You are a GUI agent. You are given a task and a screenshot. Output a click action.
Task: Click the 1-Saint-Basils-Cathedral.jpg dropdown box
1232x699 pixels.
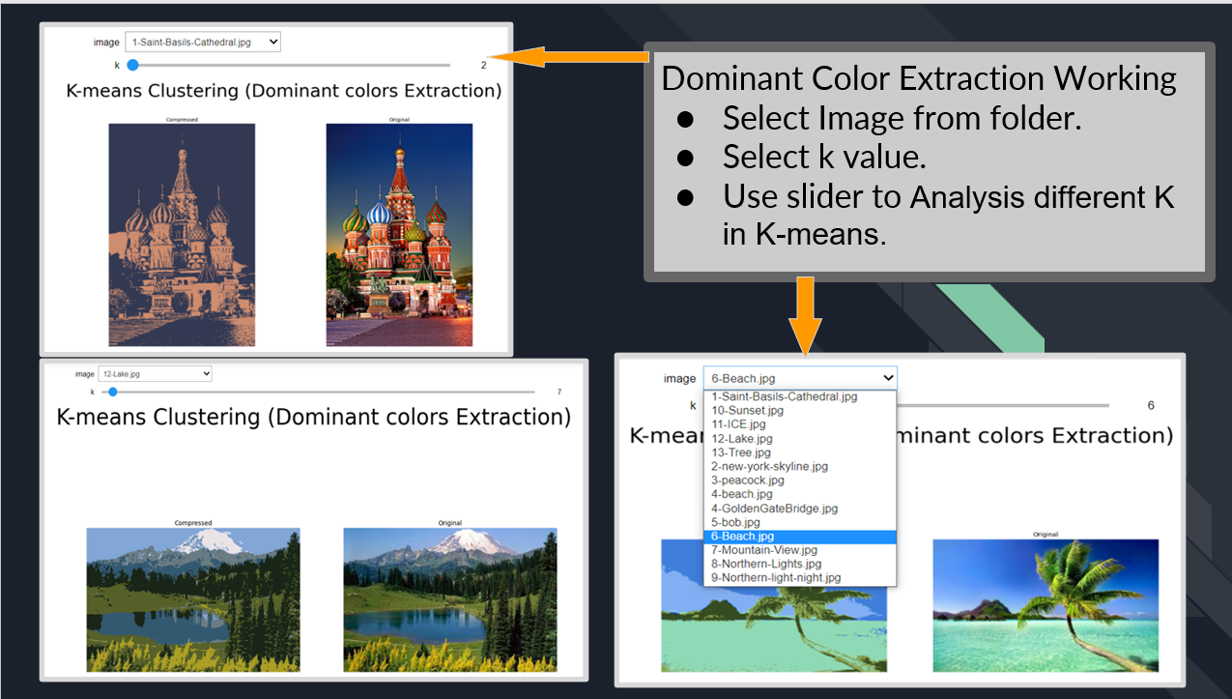pos(202,42)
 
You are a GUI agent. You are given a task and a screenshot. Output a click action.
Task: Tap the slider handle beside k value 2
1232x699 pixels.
pos(132,65)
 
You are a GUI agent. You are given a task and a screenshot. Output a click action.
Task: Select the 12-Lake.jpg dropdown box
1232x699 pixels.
pos(154,374)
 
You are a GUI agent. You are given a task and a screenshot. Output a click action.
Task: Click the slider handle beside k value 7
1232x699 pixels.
pos(113,392)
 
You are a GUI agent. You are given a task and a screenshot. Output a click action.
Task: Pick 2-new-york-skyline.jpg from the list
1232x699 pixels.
pos(769,466)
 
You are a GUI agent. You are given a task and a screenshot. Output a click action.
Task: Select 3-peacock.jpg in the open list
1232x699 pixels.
pos(747,480)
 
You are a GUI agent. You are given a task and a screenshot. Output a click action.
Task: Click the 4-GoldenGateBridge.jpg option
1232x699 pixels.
pos(774,508)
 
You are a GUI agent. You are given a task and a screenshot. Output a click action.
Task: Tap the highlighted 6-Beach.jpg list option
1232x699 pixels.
pos(742,536)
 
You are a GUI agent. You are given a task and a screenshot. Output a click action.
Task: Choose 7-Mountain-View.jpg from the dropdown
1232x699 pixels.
pos(763,550)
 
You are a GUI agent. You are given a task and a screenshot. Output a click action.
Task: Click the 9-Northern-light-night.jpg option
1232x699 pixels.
pos(776,577)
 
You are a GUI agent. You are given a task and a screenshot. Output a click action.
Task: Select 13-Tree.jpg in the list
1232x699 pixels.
pos(740,452)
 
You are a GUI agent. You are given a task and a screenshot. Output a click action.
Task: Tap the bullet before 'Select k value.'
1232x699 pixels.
pos(685,157)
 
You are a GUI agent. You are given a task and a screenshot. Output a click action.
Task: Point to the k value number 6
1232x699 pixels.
pos(1151,405)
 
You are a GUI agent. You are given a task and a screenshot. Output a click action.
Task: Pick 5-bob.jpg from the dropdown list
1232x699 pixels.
pos(735,522)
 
